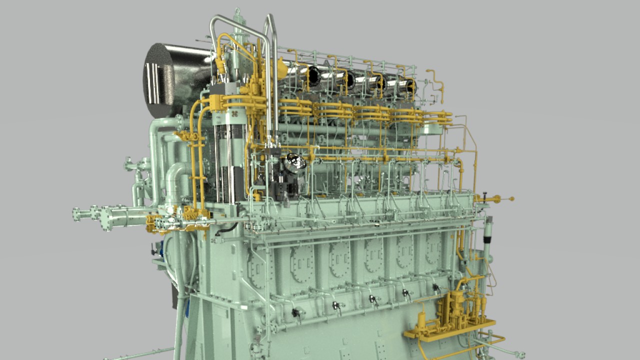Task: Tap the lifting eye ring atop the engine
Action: pyautogui.click(x=237, y=11)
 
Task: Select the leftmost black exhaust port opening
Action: pyautogui.click(x=313, y=75)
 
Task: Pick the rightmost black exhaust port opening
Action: pyautogui.click(x=410, y=86)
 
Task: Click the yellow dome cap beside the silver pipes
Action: pyautogui.click(x=281, y=68)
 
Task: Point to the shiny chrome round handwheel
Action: pyautogui.click(x=295, y=161)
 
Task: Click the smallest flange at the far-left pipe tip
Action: pyautogui.click(x=76, y=213)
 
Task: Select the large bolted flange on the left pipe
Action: pyautogui.click(x=106, y=218)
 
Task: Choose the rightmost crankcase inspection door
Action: pyautogui.click(x=433, y=250)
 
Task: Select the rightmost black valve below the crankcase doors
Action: pyautogui.click(x=435, y=287)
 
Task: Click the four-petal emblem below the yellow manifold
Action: pyautogui.click(x=234, y=114)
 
